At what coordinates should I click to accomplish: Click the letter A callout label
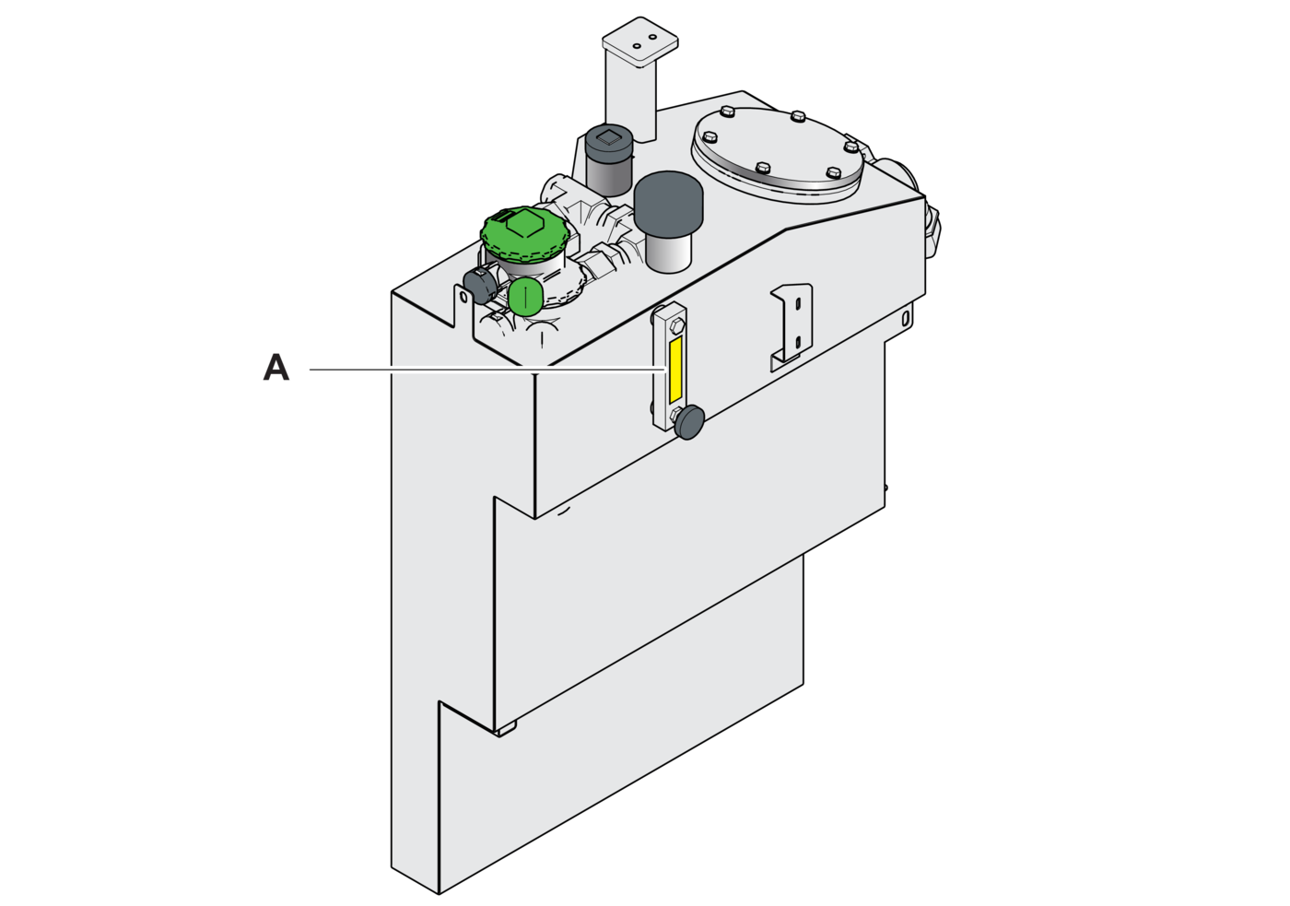tap(276, 368)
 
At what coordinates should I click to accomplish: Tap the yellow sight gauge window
tap(674, 370)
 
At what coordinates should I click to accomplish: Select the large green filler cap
tap(524, 232)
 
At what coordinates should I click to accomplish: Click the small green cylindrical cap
tap(525, 297)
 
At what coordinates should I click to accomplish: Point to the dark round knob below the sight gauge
tap(689, 422)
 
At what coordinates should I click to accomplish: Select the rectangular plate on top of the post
tap(639, 41)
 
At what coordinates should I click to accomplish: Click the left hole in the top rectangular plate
tap(637, 46)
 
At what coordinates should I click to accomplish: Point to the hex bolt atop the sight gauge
tap(676, 327)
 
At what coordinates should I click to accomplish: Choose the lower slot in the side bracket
tap(798, 343)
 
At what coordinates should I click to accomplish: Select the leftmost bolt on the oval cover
tap(710, 137)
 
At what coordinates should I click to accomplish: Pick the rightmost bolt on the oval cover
tap(851, 147)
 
